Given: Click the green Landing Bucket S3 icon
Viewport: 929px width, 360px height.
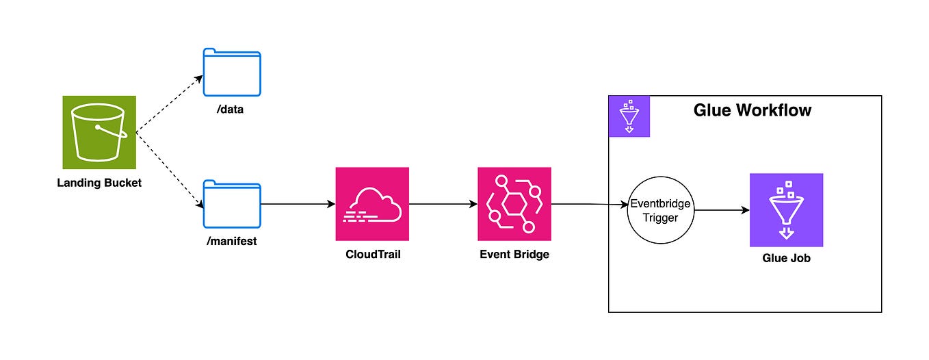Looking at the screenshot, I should click(x=99, y=132).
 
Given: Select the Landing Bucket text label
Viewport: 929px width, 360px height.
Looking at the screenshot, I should click(x=99, y=183).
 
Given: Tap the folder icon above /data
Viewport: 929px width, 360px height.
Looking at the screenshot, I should click(x=232, y=73).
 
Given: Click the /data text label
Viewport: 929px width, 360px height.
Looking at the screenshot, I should click(x=232, y=110).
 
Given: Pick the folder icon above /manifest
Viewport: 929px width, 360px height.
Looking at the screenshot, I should click(x=232, y=204).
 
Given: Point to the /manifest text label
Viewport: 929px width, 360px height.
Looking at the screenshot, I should click(x=232, y=241).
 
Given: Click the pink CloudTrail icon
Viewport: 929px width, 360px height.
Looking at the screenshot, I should click(x=372, y=204).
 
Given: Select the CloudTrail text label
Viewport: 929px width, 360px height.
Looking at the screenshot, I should click(x=372, y=255).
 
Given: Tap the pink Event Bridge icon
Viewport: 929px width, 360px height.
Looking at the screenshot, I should click(x=514, y=204).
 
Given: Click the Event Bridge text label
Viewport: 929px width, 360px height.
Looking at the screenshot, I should click(x=514, y=255).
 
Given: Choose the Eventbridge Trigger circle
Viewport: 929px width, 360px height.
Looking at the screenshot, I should click(x=660, y=210).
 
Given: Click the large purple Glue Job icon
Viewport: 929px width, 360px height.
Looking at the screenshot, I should click(x=786, y=210).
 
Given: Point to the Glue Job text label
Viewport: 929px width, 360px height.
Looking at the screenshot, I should click(x=786, y=259).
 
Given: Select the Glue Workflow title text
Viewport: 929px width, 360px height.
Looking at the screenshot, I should click(x=753, y=110).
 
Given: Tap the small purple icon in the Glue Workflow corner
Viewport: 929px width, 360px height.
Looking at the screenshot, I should click(x=629, y=116).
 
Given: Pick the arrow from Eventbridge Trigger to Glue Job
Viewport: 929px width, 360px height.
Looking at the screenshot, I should click(x=721, y=210).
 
